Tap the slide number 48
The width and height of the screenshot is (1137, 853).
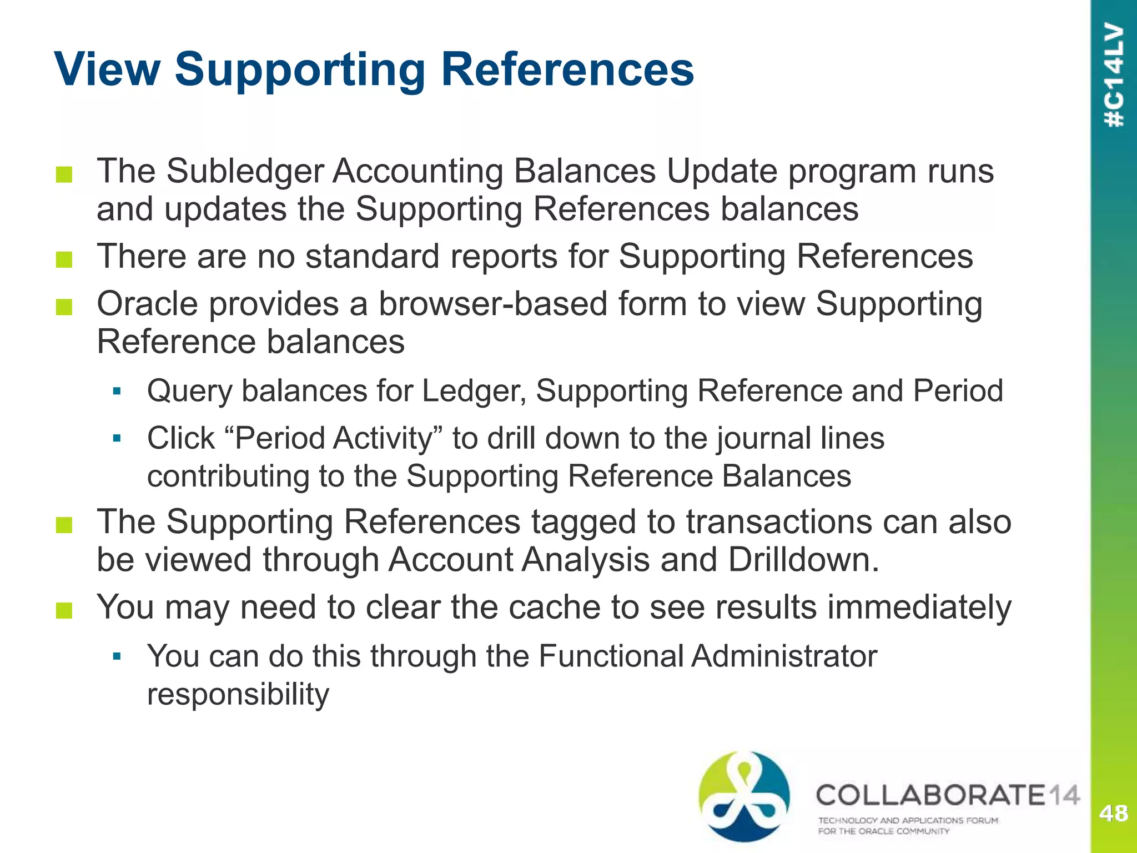pos(1113,814)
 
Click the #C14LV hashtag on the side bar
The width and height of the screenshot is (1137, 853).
pos(1114,75)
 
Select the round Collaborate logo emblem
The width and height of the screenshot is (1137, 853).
pos(744,796)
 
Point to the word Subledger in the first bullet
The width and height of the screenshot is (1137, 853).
pos(245,171)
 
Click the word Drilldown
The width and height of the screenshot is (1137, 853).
pos(804,559)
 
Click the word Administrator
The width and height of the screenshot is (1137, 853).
pos(784,656)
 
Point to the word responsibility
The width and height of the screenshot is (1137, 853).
pos(238,694)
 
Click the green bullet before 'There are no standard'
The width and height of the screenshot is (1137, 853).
pos(64,259)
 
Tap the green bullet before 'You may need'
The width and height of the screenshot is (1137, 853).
pos(64,610)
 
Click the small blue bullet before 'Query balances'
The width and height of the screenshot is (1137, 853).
pos(117,392)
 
